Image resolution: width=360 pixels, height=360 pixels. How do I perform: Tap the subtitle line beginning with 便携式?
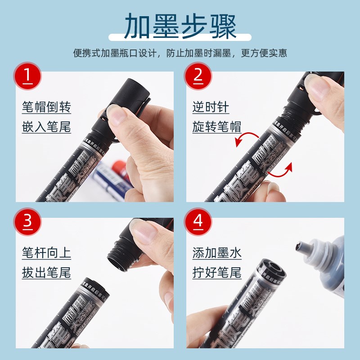[180, 53]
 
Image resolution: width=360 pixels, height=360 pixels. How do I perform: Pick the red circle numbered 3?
[27, 221]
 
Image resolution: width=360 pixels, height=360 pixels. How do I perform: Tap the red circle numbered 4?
[198, 221]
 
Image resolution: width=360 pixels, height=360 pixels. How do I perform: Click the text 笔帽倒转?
[46, 108]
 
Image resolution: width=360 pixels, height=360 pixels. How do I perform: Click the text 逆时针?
[211, 108]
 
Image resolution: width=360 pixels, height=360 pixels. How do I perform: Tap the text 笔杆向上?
[46, 253]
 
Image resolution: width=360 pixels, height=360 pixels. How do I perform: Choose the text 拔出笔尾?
[46, 272]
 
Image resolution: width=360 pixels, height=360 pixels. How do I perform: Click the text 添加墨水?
[217, 253]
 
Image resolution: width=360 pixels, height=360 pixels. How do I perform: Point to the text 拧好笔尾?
[217, 272]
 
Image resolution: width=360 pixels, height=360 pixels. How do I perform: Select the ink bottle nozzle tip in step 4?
[300, 247]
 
